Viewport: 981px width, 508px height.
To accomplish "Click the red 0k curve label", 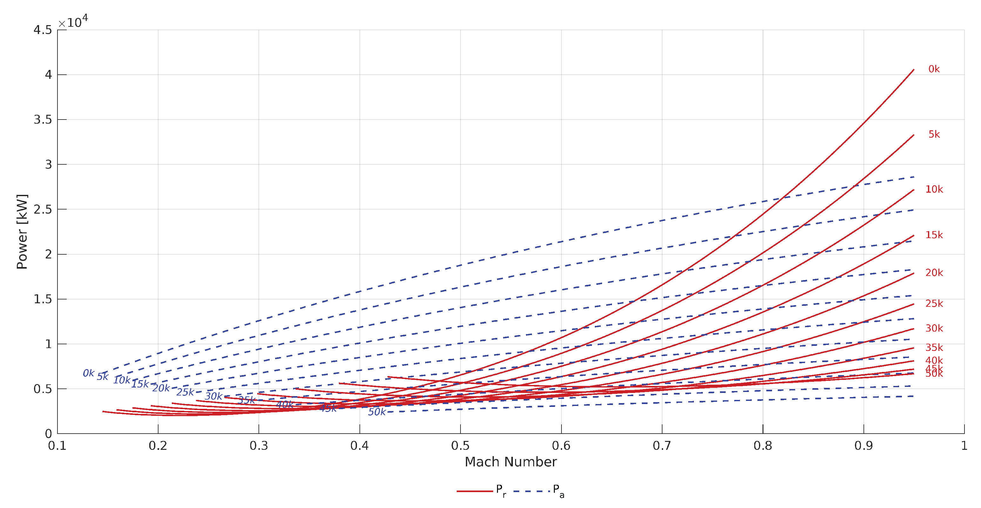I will point(933,69).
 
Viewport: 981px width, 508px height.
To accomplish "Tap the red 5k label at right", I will point(934,134).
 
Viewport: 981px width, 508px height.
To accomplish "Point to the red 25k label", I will point(934,304).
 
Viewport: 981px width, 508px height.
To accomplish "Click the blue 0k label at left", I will point(88,373).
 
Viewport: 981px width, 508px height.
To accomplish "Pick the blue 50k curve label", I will point(377,412).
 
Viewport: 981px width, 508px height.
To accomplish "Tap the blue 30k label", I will point(213,396).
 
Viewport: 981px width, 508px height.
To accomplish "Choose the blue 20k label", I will point(161,388).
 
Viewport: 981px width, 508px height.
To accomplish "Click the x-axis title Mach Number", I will point(511,462).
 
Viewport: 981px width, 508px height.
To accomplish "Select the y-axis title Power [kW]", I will point(22,232).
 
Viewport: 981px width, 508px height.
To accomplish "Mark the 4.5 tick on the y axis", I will point(43,30).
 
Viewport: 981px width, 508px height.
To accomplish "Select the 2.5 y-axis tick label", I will point(43,209).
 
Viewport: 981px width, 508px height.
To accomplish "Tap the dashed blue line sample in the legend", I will point(531,491).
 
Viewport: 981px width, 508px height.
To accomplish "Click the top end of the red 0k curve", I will point(913,70).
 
